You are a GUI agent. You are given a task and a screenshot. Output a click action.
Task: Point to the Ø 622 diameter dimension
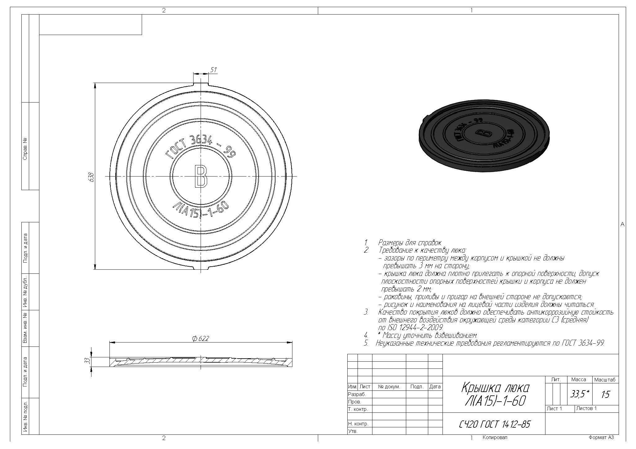pyautogui.click(x=201, y=338)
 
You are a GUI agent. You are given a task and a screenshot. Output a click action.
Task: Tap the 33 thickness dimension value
pyautogui.click(x=88, y=361)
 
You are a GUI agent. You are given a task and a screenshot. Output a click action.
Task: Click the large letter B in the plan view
pyautogui.click(x=201, y=177)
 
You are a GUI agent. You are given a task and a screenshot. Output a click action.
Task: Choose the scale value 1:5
pyautogui.click(x=605, y=395)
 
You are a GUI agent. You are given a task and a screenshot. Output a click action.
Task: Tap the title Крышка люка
pyautogui.click(x=496, y=388)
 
